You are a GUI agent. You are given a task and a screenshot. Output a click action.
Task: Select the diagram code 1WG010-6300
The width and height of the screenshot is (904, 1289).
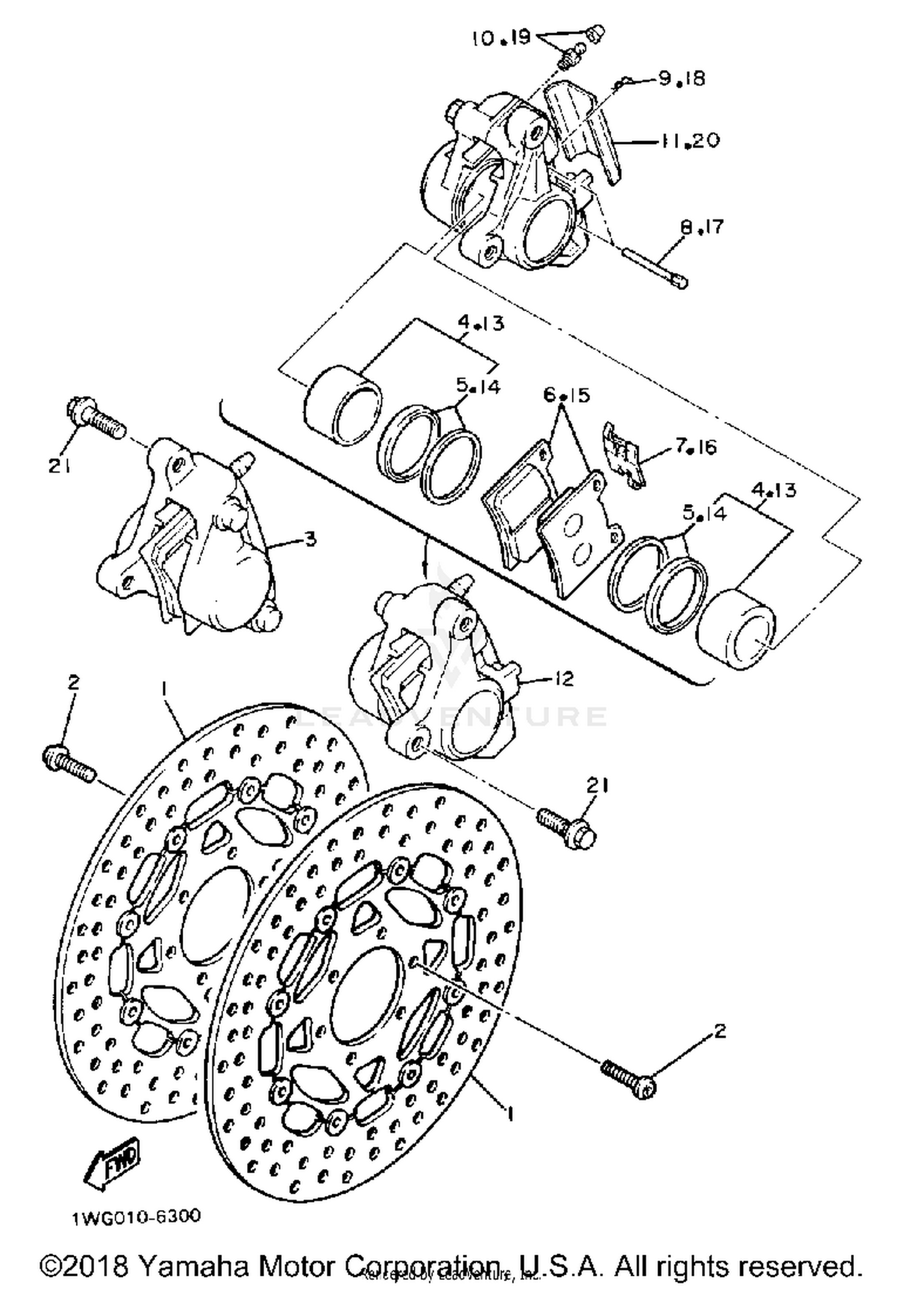point(137,1217)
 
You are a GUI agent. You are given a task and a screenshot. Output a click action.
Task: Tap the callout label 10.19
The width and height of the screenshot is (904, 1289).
point(501,39)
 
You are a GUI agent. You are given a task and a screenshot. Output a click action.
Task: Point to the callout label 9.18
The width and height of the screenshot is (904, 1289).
point(681,79)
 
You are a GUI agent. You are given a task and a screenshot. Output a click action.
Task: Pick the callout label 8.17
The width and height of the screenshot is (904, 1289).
point(702,227)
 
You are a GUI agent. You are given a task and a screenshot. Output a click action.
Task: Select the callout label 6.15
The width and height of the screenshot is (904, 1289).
point(567,395)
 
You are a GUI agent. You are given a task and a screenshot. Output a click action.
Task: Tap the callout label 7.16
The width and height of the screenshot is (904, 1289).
point(695,447)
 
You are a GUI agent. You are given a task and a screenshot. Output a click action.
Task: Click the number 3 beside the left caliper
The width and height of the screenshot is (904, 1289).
point(310,538)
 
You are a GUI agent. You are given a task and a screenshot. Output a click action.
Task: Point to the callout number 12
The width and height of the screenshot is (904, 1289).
point(564,679)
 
